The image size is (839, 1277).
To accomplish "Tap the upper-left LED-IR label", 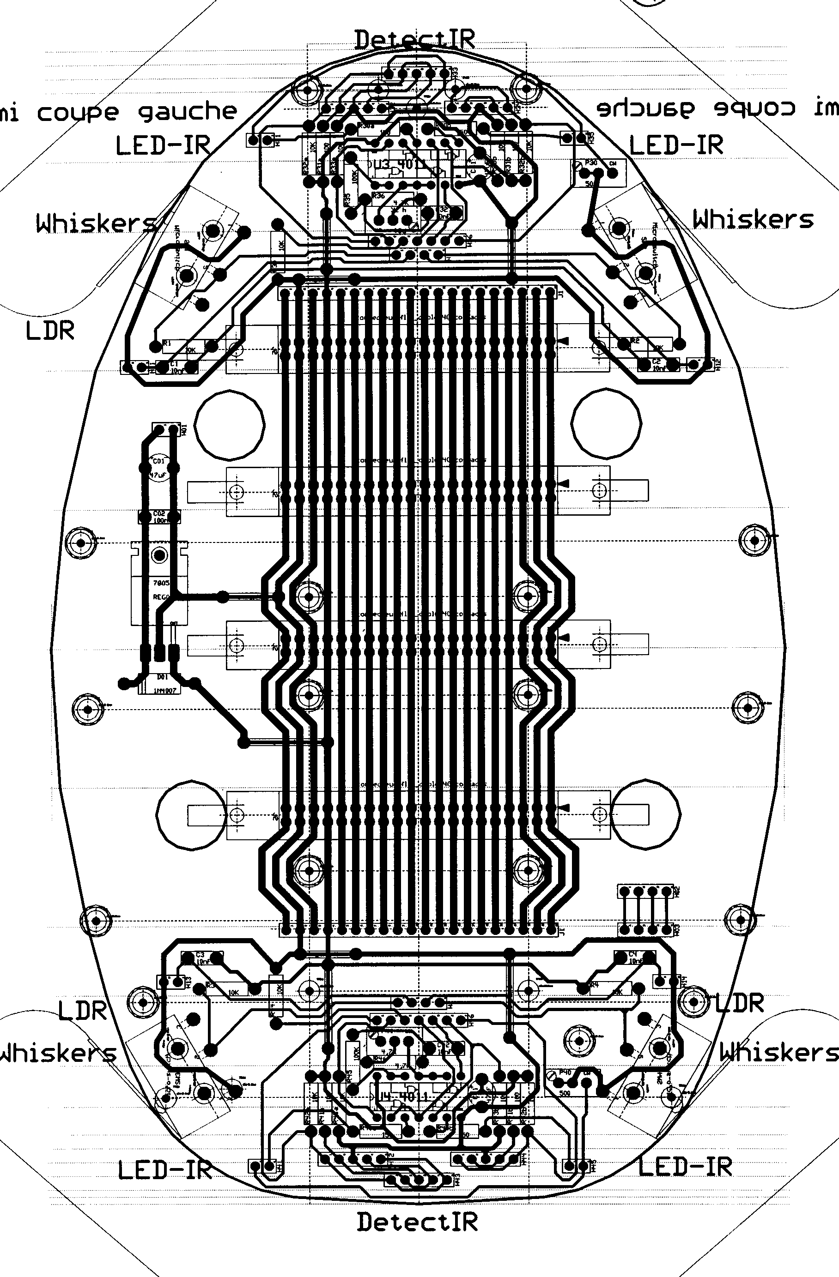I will [x=163, y=146].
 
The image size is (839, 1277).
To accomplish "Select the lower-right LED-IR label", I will [x=685, y=1167].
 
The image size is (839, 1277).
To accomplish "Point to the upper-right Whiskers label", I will [x=753, y=219].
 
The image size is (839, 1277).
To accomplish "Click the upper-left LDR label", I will [x=50, y=331].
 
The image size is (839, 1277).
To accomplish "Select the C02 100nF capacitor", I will [x=159, y=517].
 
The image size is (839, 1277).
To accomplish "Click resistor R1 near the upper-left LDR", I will [x=182, y=346].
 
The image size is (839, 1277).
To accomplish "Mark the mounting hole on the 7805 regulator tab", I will [x=159, y=555].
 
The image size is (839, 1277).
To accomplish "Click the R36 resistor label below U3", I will [x=379, y=196].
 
